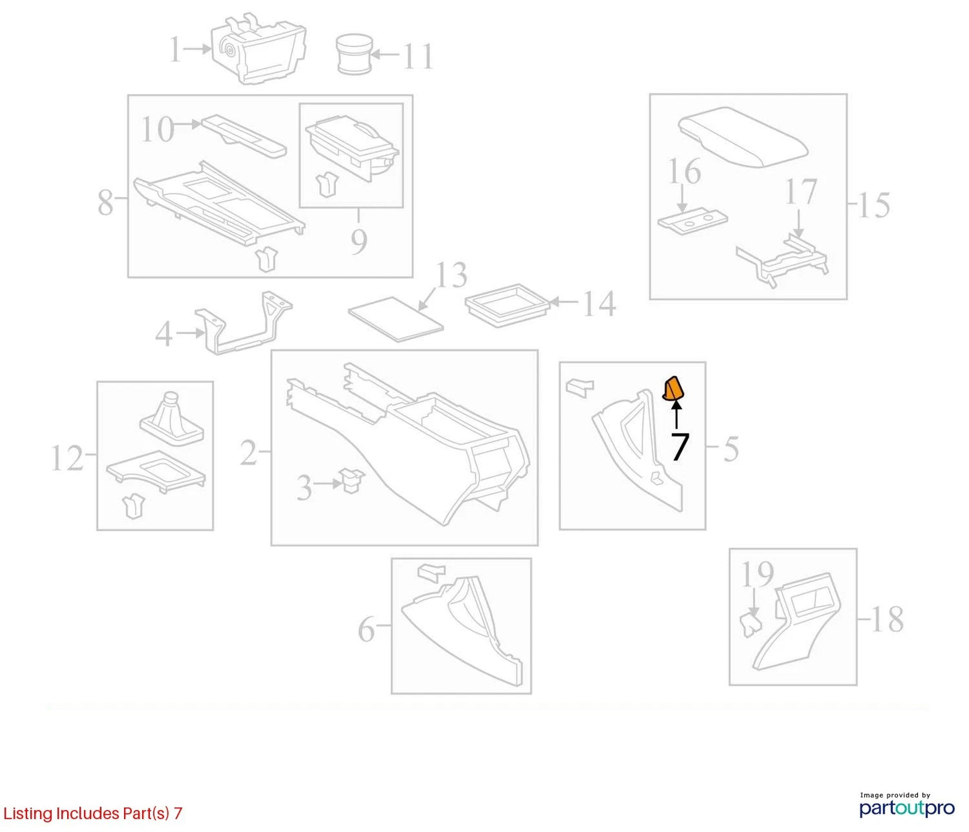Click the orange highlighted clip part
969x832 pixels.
click(673, 390)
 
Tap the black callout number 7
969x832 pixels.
click(679, 447)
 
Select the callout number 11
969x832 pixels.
click(418, 57)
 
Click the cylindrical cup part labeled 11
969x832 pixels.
click(355, 54)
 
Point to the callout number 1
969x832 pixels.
click(175, 50)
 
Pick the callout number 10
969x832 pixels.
click(158, 129)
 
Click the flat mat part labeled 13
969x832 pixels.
click(396, 318)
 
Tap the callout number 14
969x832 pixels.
click(599, 304)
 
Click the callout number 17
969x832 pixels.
click(801, 192)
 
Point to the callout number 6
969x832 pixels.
click(366, 630)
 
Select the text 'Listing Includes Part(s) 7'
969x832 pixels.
click(93, 813)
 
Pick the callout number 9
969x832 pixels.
click(359, 241)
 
